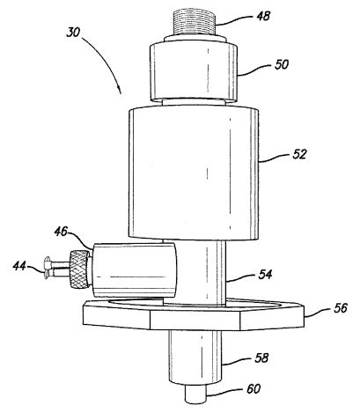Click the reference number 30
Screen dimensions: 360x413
pyautogui.click(x=73, y=32)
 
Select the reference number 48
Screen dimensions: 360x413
pyautogui.click(x=263, y=16)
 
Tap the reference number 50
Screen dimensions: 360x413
pyautogui.click(x=282, y=64)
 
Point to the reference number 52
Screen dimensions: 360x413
pyautogui.click(x=299, y=154)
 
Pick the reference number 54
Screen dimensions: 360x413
pyautogui.click(x=265, y=275)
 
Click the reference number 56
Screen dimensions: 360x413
pyautogui.click(x=341, y=308)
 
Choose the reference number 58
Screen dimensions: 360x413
pyautogui.click(x=261, y=358)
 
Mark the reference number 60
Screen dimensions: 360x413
pyautogui.click(x=253, y=389)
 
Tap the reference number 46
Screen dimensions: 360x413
pyautogui.click(x=61, y=232)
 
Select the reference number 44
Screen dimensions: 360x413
pyautogui.click(x=19, y=266)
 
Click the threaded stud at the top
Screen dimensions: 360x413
pyautogui.click(x=194, y=23)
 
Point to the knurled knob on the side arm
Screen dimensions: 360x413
pyautogui.click(x=79, y=269)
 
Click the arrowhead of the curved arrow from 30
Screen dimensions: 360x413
pyautogui.click(x=120, y=90)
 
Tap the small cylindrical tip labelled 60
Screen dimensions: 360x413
pyautogui.click(x=196, y=394)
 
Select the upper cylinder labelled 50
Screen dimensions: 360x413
pyautogui.click(x=194, y=72)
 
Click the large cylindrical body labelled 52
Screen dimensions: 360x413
pyautogui.click(x=194, y=173)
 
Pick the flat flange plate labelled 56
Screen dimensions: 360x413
pyautogui.click(x=194, y=314)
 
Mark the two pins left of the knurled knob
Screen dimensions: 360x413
pyautogui.click(x=57, y=268)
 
